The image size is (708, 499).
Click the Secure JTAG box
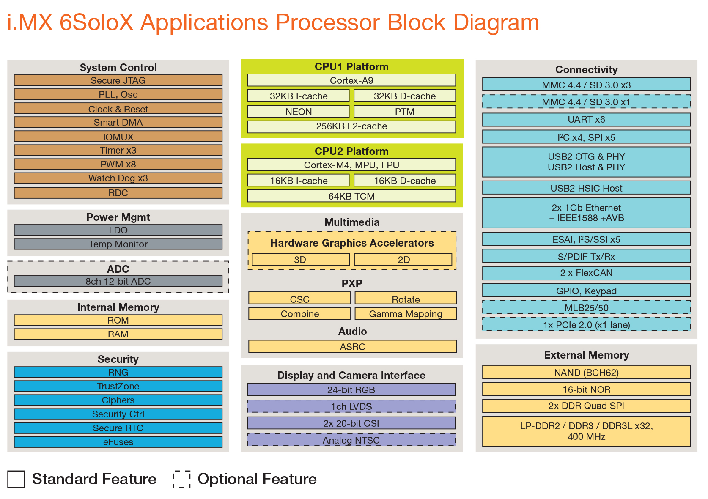tap(118, 80)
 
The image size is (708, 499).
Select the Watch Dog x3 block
tap(118, 178)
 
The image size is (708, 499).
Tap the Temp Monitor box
tap(118, 244)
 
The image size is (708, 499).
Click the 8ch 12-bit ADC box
tap(118, 281)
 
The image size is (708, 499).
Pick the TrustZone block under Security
tap(118, 386)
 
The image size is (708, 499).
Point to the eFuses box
tap(118, 442)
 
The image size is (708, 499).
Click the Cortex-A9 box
tap(351, 80)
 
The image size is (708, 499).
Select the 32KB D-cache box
tap(404, 96)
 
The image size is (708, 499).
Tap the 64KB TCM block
tap(351, 196)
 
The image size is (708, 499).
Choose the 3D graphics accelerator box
tap(300, 260)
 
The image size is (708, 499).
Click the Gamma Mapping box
tap(405, 314)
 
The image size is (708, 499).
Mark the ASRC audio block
tap(352, 347)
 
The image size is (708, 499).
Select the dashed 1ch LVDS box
tap(351, 406)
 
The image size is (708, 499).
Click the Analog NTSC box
tap(351, 440)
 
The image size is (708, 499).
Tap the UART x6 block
tap(586, 120)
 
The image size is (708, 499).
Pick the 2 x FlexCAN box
tap(586, 273)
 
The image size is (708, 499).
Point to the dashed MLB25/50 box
tap(586, 308)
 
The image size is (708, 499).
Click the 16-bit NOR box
tap(586, 389)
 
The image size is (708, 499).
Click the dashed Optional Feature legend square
tap(181, 479)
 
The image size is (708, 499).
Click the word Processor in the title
tap(327, 22)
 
